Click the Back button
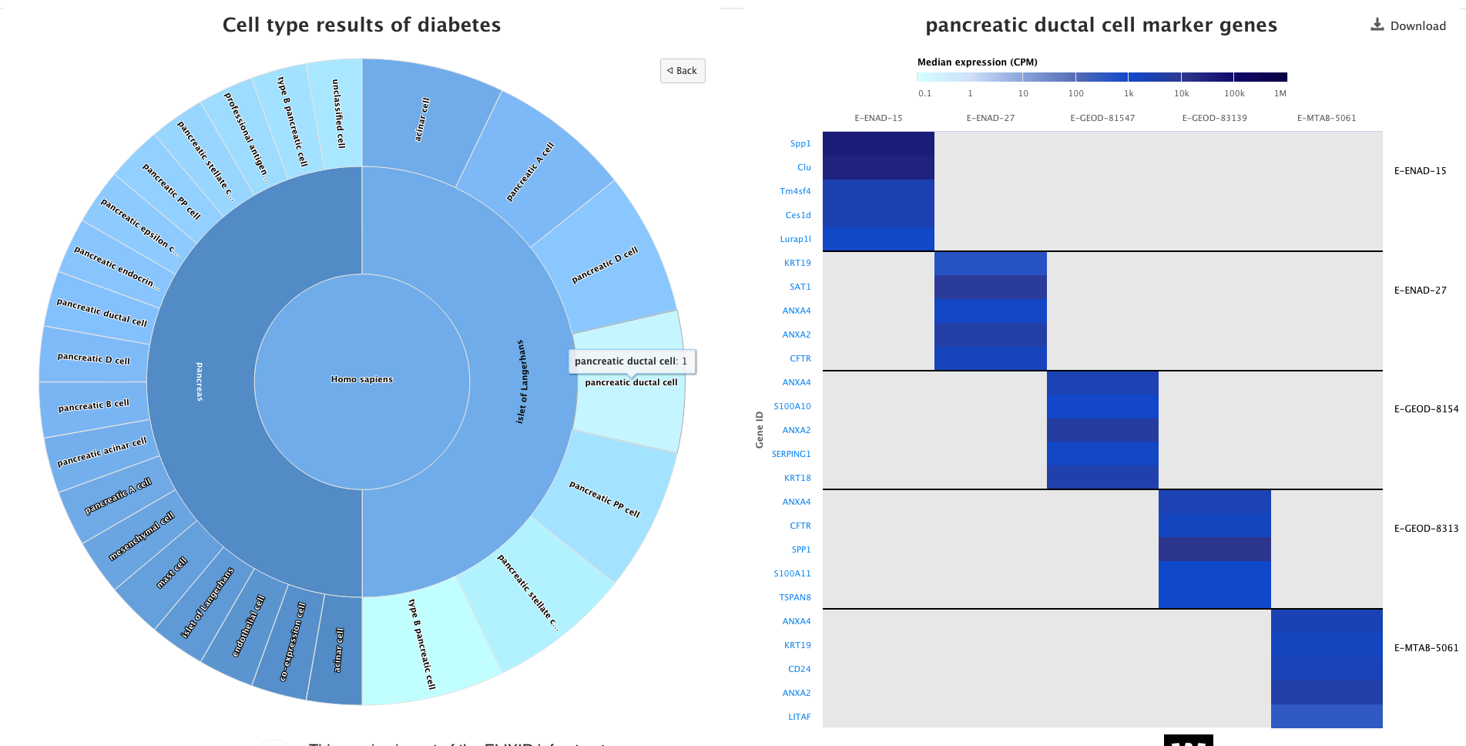(x=683, y=71)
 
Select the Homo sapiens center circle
(x=362, y=379)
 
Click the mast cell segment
(x=172, y=573)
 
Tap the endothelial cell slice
(x=248, y=625)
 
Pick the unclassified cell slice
(x=337, y=113)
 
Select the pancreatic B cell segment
(x=94, y=405)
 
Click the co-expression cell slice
(x=292, y=641)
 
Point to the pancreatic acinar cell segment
(x=102, y=452)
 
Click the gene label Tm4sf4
(x=795, y=191)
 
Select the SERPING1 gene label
(x=791, y=454)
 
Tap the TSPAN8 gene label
(x=795, y=597)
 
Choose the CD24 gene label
(x=799, y=669)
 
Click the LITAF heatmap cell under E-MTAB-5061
(x=1326, y=717)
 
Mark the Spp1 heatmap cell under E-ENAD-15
(x=878, y=143)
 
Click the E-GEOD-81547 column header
(x=1102, y=118)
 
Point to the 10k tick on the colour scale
(x=1181, y=93)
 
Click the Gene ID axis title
(x=760, y=429)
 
